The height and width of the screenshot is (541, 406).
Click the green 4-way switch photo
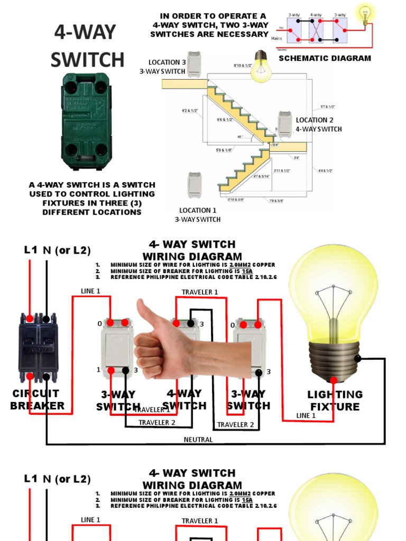coord(87,121)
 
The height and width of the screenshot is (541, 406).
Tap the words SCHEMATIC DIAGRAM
coord(325,58)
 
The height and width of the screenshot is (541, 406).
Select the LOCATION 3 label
coord(167,62)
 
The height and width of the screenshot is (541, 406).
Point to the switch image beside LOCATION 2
coord(285,125)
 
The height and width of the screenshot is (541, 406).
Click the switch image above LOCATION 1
coord(195,185)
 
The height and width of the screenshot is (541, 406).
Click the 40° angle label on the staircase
coord(241,137)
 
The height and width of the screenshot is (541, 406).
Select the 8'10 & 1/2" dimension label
coord(243,66)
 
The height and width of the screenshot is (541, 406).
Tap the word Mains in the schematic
coord(276,39)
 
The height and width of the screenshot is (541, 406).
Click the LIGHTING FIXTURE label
coord(335,400)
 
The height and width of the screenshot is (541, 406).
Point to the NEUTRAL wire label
coord(198,440)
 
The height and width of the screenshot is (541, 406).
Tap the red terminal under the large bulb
coord(334,380)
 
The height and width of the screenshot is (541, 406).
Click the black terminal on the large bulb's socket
coord(358,359)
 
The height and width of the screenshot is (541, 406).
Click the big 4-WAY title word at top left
coord(85,33)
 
